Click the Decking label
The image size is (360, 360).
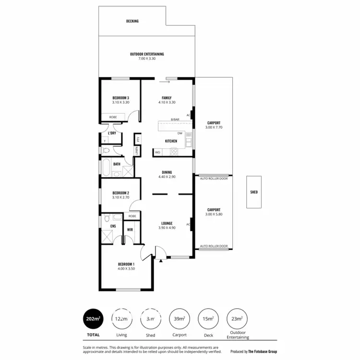[x=132, y=21]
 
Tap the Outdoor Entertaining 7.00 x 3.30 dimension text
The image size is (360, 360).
[x=147, y=58]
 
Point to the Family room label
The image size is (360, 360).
[x=167, y=98]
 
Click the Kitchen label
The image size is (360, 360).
[x=171, y=141]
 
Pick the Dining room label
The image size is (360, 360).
[x=167, y=173]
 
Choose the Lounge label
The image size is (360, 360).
[x=167, y=223]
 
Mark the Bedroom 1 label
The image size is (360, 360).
[x=126, y=264]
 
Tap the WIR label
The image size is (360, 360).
[x=130, y=230]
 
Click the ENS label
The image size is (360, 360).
[x=113, y=226]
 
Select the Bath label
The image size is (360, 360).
[x=117, y=164]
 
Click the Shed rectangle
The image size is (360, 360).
[x=254, y=192]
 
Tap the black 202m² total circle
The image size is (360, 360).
[x=93, y=318]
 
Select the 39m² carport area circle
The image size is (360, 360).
[x=179, y=318]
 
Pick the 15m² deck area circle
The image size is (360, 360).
[x=207, y=318]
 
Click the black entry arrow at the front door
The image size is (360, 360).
[x=161, y=261]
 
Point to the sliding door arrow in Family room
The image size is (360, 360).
[x=167, y=82]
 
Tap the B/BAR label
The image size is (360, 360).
[x=175, y=120]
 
